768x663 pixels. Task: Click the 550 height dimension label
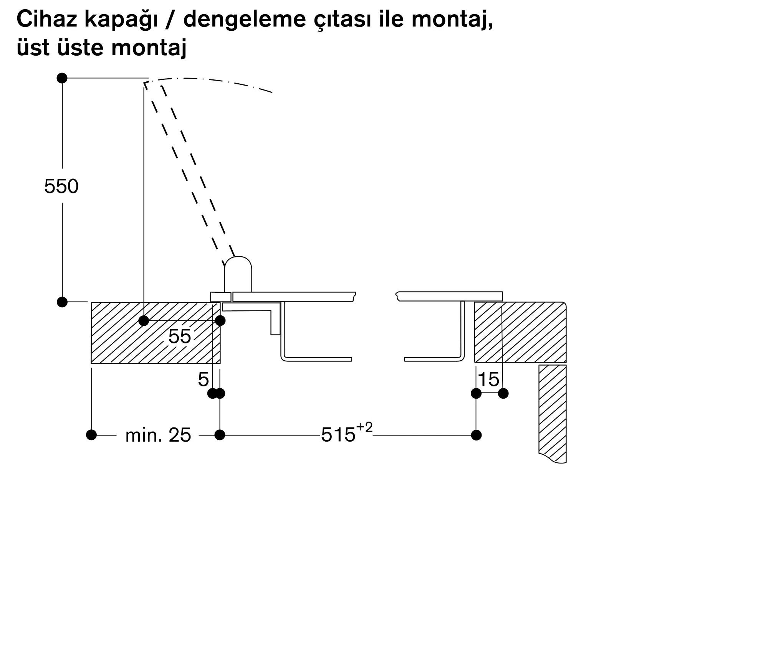pos(61,186)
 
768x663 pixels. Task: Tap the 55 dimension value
pos(180,336)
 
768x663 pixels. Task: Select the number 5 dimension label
pos(203,380)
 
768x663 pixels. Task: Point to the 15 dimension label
pos(488,380)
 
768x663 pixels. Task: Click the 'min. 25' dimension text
pos(158,435)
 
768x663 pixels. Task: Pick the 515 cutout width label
pos(338,435)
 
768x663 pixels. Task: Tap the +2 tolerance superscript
pos(364,427)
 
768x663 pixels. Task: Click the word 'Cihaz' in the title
pos(47,19)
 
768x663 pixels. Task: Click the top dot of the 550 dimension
pos(62,78)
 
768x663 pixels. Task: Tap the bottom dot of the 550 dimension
pos(62,302)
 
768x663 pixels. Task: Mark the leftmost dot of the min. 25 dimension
pos(91,435)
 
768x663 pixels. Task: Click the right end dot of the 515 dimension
pos(476,435)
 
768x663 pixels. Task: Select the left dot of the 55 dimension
pos(144,321)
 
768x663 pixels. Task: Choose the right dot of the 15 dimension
pos(503,393)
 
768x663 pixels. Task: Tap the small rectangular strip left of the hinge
pos(221,297)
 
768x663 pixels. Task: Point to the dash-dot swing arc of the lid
pos(209,82)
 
